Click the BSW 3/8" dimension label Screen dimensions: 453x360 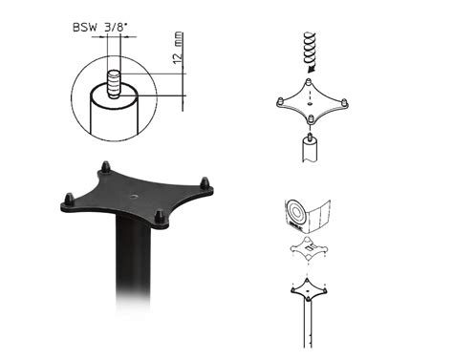(100, 27)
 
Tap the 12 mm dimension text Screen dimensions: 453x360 (178, 48)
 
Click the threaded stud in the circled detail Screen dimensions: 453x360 (114, 84)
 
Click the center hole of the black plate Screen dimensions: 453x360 (134, 195)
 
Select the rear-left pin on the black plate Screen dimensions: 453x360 (105, 167)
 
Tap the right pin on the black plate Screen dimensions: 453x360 (205, 182)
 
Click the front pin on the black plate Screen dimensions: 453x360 (159, 217)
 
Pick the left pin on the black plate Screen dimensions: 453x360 (69, 200)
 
